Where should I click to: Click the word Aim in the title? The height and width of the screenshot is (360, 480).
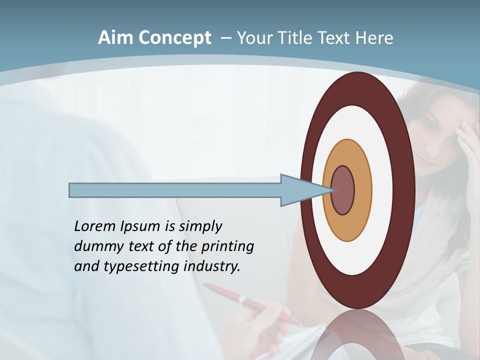pyautogui.click(x=115, y=38)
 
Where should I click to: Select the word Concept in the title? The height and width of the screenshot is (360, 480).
pyautogui.click(x=175, y=38)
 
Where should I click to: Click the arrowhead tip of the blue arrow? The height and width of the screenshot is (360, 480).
pyautogui.click(x=334, y=190)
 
